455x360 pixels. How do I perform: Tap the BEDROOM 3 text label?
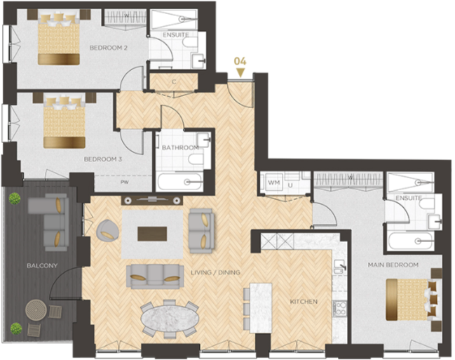(103, 159)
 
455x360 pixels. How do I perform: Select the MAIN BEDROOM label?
(393, 265)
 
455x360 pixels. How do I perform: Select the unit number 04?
(240, 61)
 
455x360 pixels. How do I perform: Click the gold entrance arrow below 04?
(240, 72)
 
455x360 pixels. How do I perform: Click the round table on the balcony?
(36, 309)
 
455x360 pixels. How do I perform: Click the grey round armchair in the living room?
(107, 229)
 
